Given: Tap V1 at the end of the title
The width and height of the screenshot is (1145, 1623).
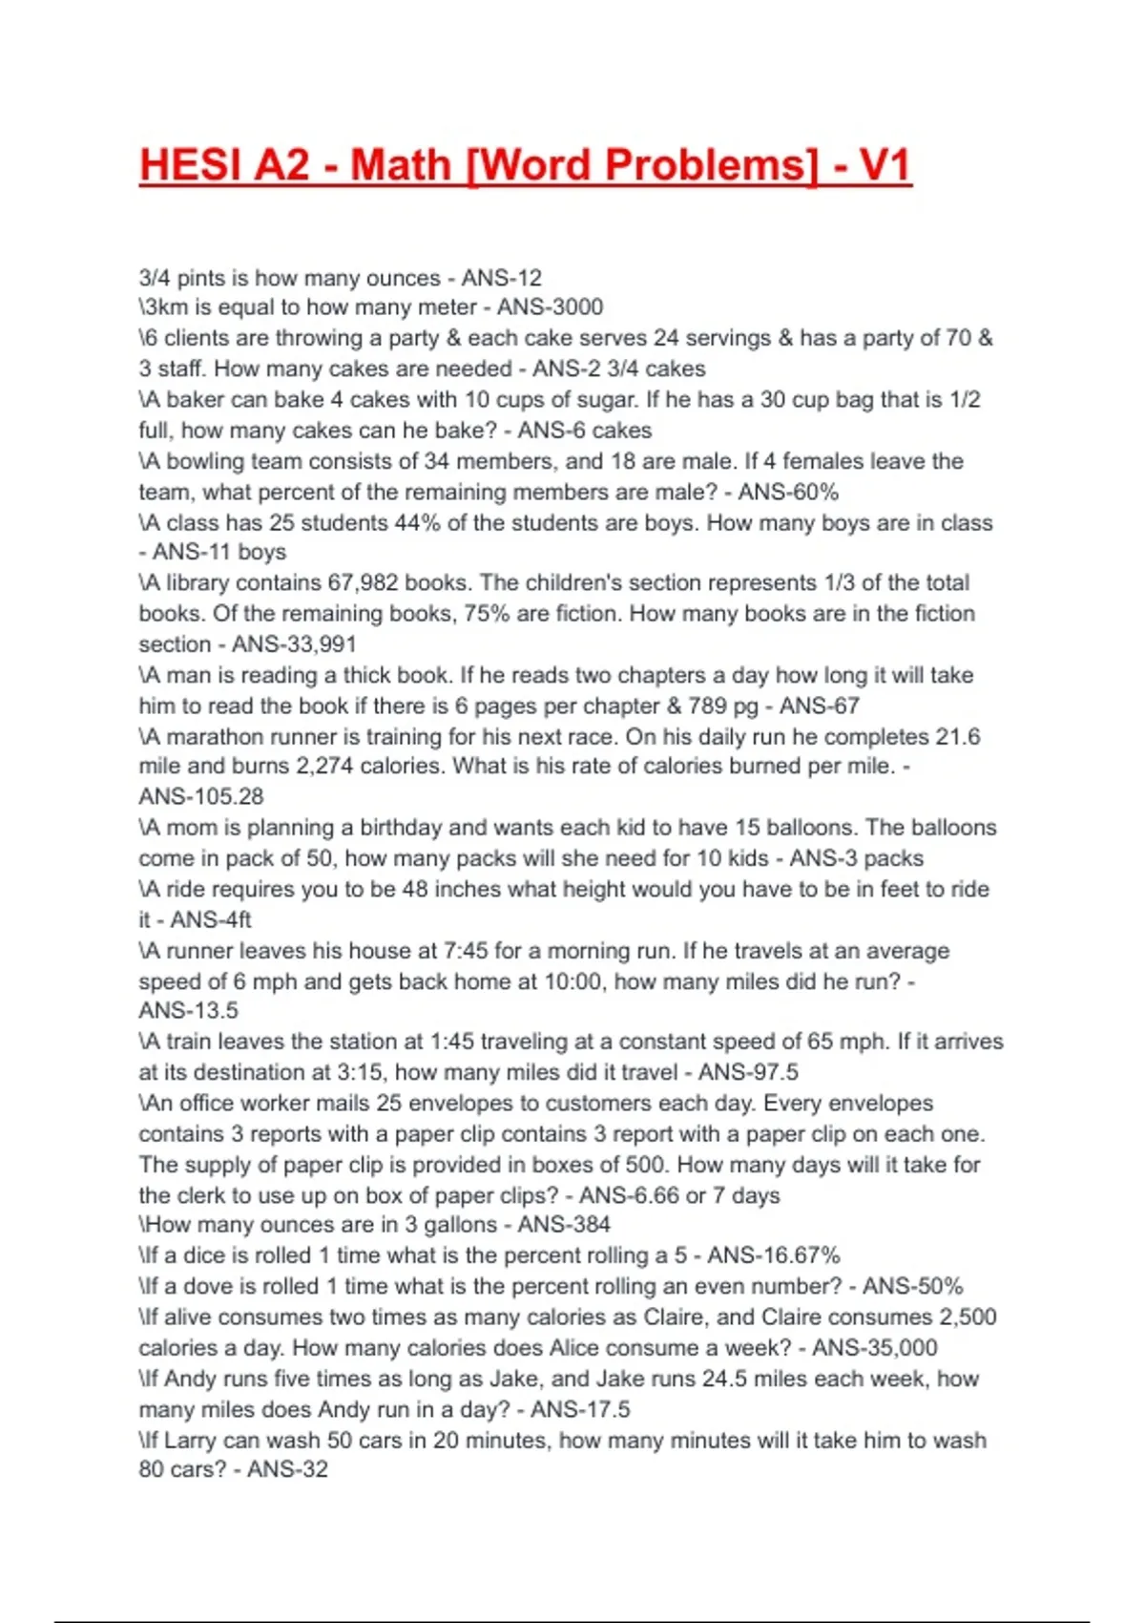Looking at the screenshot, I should click(x=885, y=165).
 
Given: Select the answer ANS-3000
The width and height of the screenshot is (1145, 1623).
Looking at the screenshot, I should click(x=550, y=307).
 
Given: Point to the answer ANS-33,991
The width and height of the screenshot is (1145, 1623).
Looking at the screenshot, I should click(x=294, y=644).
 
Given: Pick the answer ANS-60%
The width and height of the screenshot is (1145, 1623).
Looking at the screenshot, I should click(x=788, y=493).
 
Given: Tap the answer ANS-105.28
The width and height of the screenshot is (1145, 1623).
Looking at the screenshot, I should click(x=201, y=797).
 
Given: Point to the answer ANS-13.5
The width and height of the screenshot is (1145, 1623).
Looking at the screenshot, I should click(x=189, y=1011).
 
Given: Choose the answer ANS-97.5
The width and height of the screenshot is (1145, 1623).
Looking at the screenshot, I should click(x=748, y=1072).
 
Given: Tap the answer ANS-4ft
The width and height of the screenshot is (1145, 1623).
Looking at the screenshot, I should click(x=211, y=920).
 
